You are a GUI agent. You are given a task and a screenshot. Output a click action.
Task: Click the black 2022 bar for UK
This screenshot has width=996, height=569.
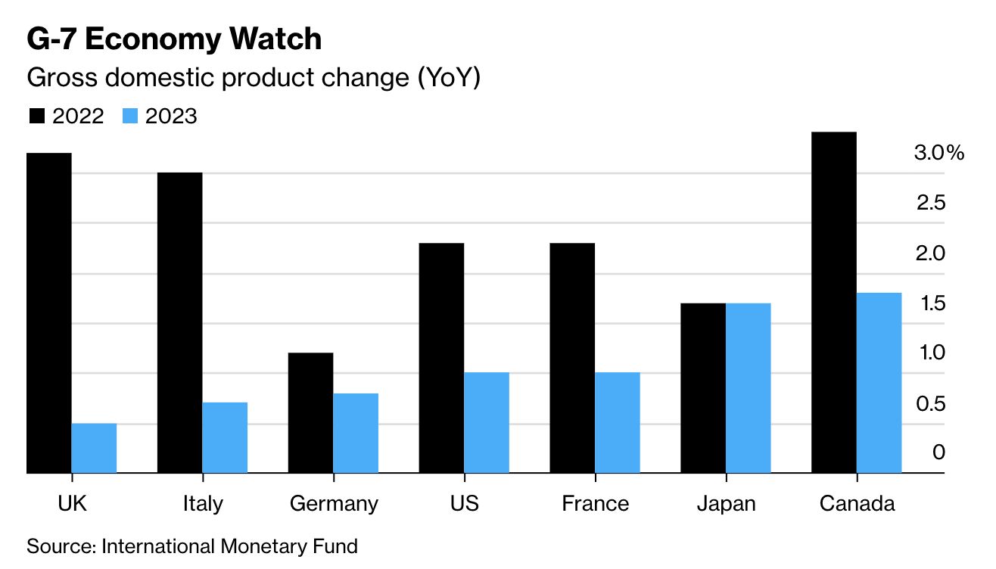point(49,313)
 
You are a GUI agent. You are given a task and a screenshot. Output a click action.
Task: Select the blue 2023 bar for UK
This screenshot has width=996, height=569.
point(94,448)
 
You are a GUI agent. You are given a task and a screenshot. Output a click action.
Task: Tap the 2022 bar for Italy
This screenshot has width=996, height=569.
point(179,323)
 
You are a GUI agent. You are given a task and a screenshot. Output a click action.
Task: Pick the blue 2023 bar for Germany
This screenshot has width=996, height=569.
point(355,433)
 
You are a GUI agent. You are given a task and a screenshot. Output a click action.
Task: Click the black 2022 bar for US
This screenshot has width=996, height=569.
point(441,358)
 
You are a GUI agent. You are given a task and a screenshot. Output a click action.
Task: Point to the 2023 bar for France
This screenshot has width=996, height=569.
point(617,422)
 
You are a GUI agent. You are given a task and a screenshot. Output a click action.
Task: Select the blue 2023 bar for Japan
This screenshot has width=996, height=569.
point(748,388)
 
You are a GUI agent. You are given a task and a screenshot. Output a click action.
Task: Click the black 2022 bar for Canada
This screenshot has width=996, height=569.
point(833,303)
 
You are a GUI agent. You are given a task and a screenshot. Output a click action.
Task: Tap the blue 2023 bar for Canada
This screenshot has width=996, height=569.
point(879,383)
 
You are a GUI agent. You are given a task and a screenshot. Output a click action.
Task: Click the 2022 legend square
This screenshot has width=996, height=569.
point(37,117)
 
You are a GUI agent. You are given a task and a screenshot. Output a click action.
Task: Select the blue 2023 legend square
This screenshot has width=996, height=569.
point(130,117)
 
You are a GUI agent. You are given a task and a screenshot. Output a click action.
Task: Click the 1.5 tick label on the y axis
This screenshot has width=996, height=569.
point(930,303)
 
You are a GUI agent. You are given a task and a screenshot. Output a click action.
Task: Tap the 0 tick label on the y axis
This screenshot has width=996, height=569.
point(939,452)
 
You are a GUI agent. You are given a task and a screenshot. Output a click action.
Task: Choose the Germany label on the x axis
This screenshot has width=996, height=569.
point(334,504)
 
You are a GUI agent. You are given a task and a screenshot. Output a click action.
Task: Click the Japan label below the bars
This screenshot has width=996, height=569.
point(725,504)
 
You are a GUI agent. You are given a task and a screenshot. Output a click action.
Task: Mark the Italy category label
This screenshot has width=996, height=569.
point(203,504)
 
